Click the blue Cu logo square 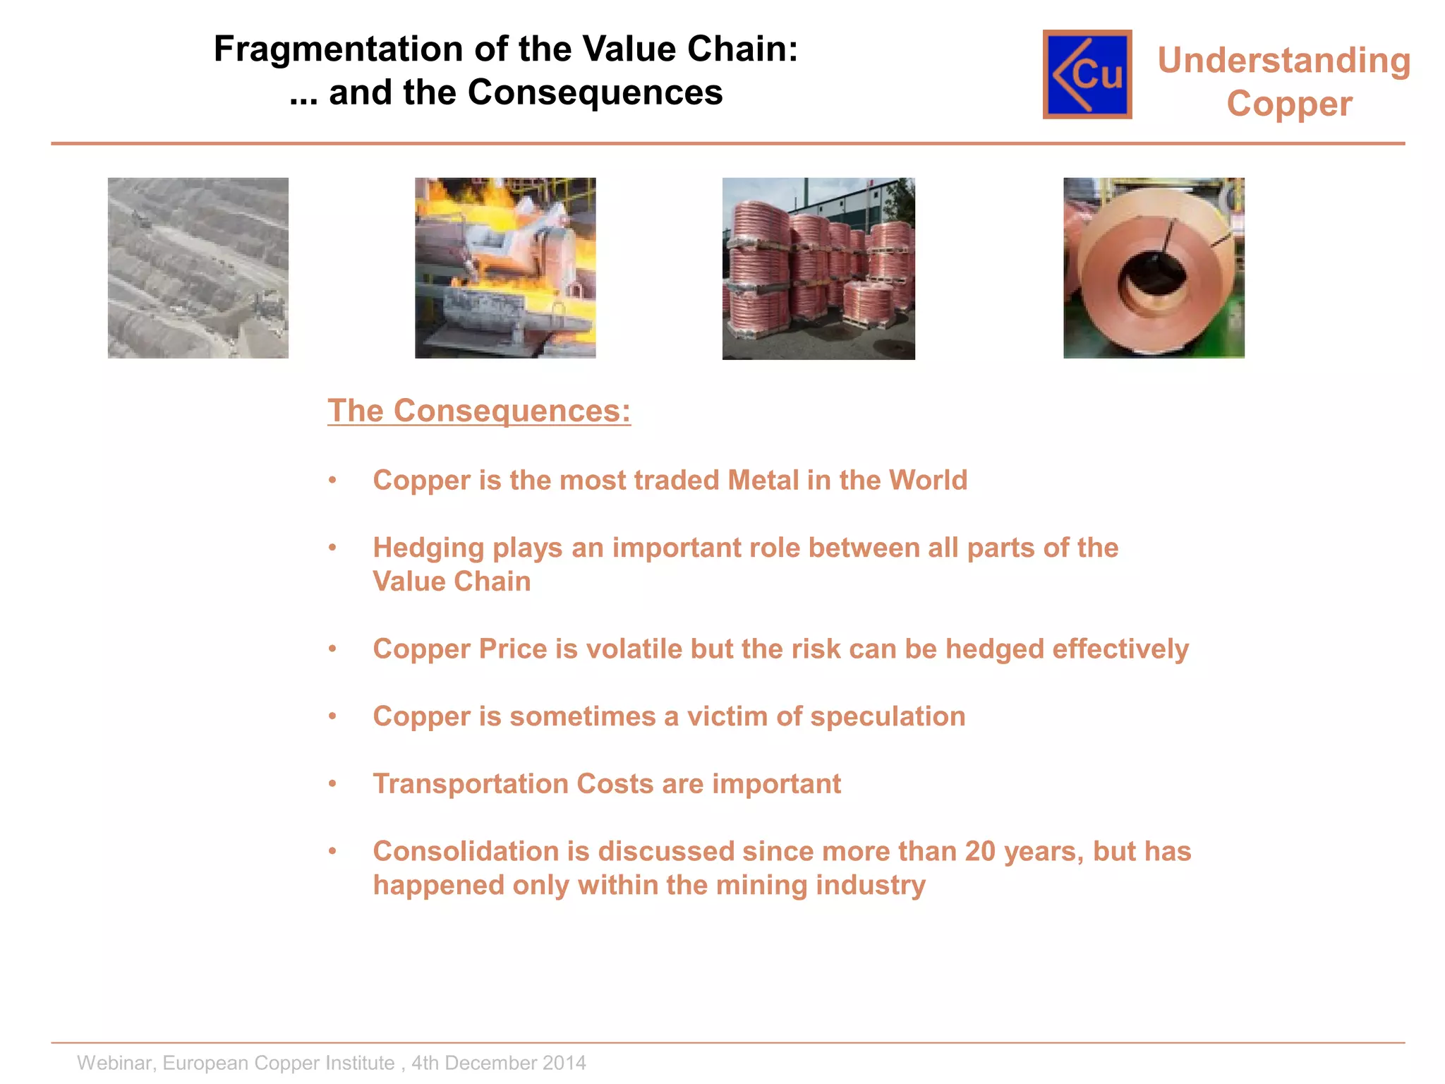tap(1087, 74)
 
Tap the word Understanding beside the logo tap(1283, 61)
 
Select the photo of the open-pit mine tap(198, 268)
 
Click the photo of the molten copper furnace tap(505, 268)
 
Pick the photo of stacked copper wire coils tap(818, 269)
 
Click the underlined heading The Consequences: tap(479, 411)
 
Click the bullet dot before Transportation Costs tap(332, 784)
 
